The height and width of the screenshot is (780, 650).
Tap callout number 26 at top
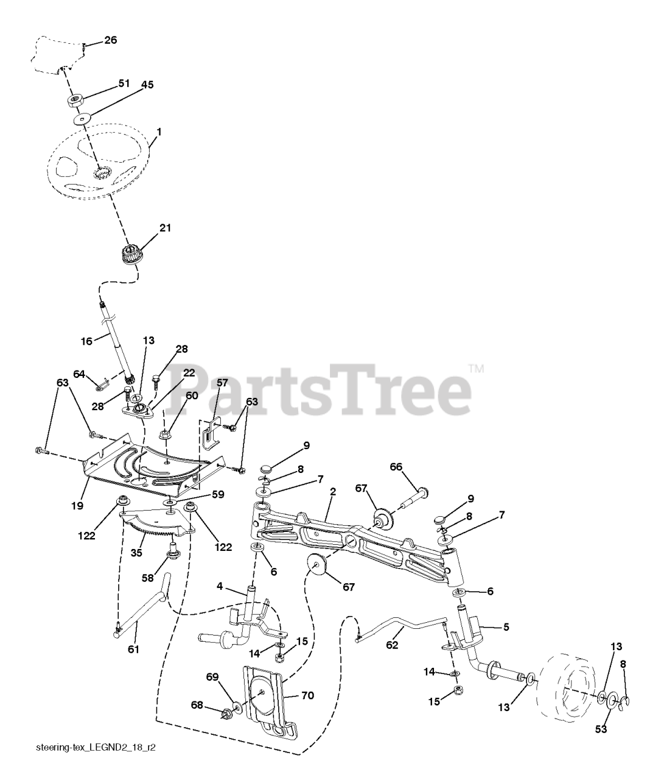[x=110, y=40]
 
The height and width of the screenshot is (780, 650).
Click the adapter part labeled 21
[x=130, y=252]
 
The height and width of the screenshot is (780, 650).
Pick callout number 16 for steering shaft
[x=86, y=341]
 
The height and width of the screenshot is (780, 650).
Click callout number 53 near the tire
[x=601, y=730]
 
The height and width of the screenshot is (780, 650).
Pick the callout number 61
[x=133, y=649]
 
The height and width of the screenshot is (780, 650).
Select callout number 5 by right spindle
[x=506, y=626]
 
